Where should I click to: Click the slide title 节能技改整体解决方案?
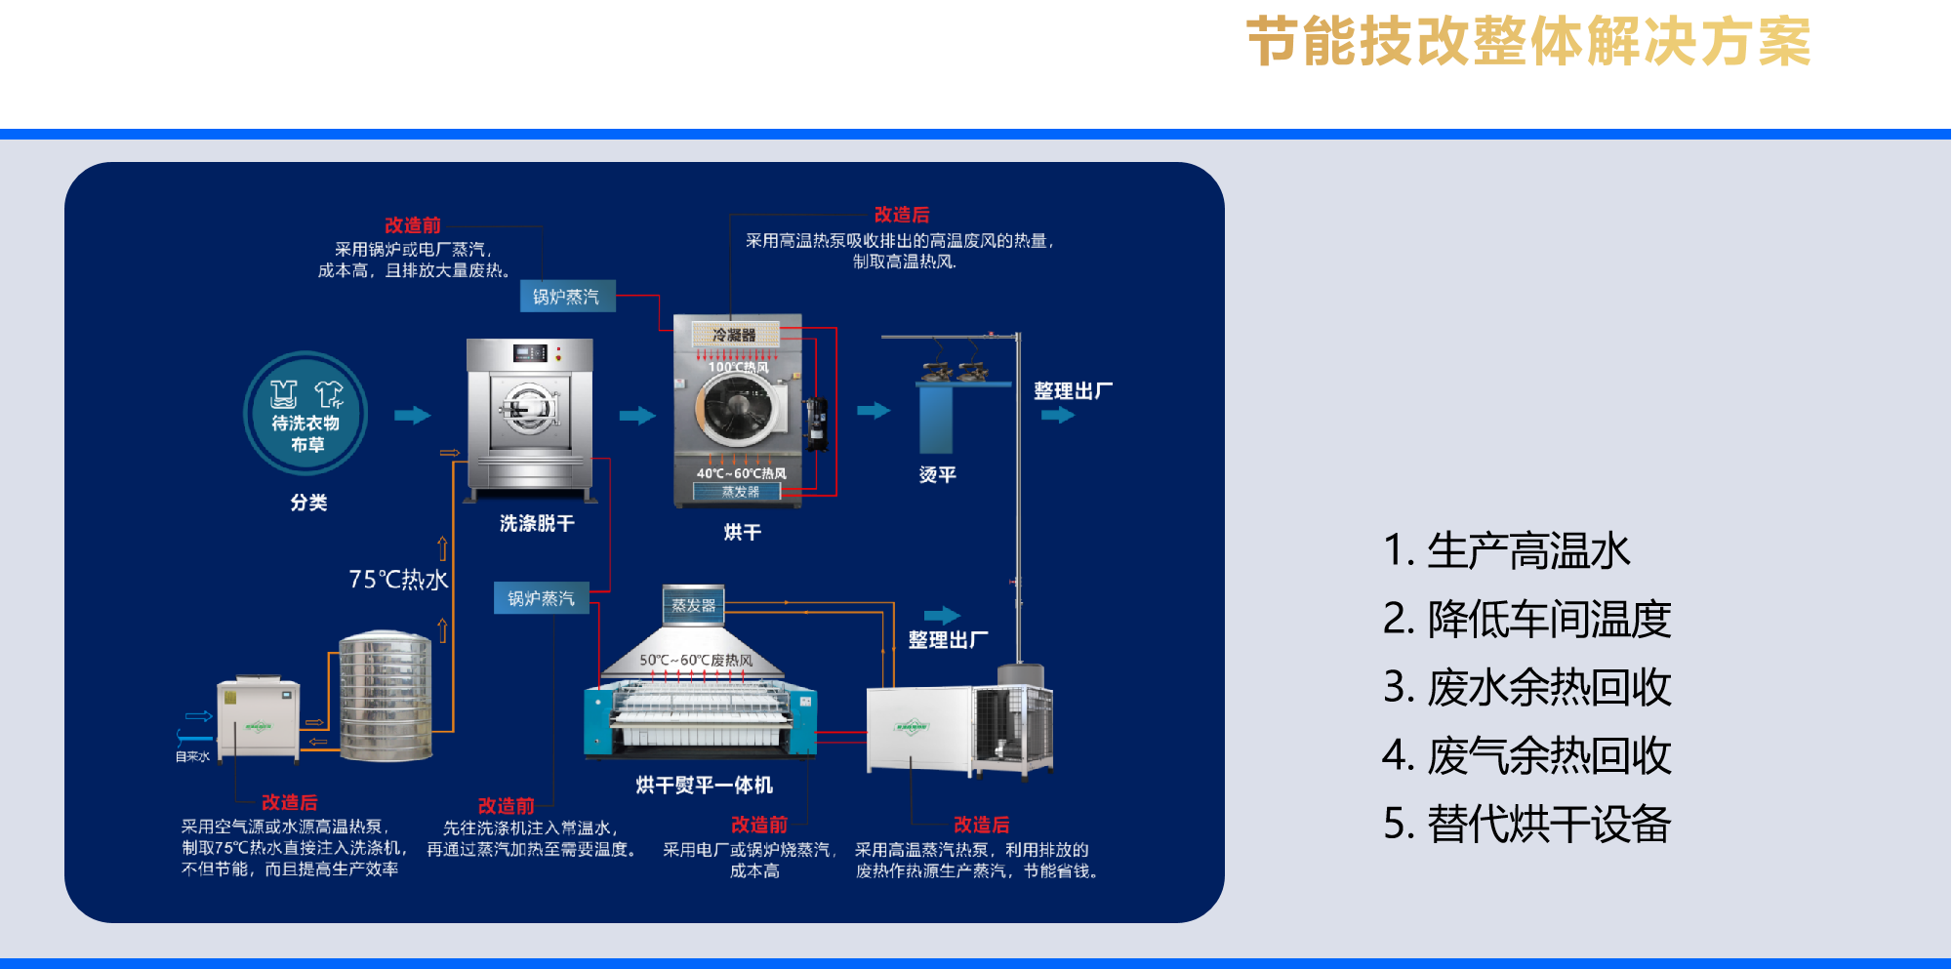pyautogui.click(x=1528, y=42)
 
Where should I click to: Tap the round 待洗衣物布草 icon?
pyautogui.click(x=305, y=413)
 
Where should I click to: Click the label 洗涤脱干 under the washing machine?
pyautogui.click(x=537, y=524)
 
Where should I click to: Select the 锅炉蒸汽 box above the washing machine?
pyautogui.click(x=567, y=297)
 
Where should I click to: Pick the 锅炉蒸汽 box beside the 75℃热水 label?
pyautogui.click(x=542, y=598)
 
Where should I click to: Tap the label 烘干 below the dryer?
pyautogui.click(x=742, y=533)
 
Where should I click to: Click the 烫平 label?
pyautogui.click(x=937, y=475)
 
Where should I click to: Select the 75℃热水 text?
pyautogui.click(x=398, y=580)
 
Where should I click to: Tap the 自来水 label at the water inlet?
pyautogui.click(x=192, y=756)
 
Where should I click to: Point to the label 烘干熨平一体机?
pyautogui.click(x=704, y=786)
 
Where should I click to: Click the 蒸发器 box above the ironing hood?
pyautogui.click(x=693, y=605)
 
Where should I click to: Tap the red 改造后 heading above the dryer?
pyautogui.click(x=902, y=215)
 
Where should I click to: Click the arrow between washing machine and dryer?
pyautogui.click(x=637, y=416)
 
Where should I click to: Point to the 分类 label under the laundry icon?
pyautogui.click(x=308, y=503)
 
